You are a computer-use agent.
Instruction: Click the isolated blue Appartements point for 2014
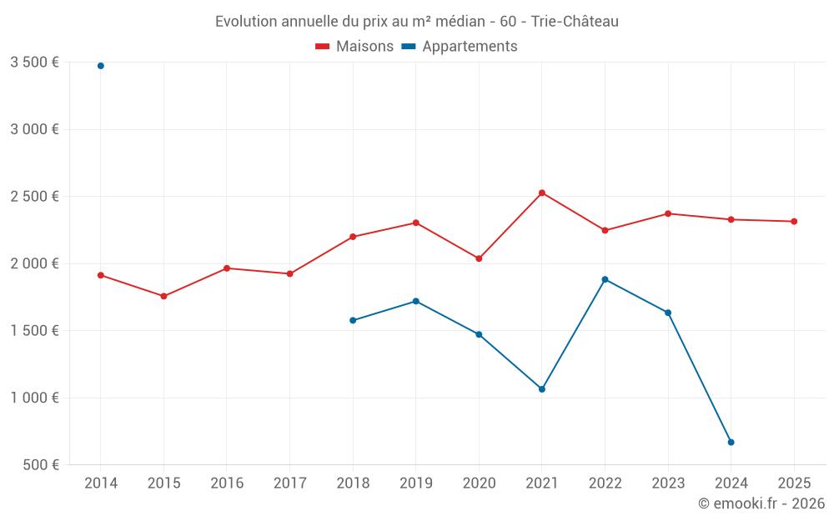coord(101,66)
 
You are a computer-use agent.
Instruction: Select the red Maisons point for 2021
coord(542,193)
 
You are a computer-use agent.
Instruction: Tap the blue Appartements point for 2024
coord(731,442)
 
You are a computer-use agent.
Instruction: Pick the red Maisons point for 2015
coord(163,296)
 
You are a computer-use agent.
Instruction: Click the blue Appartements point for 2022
coord(605,279)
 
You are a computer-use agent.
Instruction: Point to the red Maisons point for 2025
coord(794,222)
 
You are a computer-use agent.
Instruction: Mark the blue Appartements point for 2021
coord(542,389)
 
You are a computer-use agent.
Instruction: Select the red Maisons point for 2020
coord(479,258)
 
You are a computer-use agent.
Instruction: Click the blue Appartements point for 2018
coord(353,320)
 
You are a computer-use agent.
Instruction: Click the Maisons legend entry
coord(354,47)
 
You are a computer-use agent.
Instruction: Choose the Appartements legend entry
coord(460,47)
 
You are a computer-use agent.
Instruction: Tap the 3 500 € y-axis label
coord(34,63)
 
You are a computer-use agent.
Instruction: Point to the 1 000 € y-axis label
coord(34,398)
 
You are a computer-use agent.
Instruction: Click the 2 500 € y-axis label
coord(34,197)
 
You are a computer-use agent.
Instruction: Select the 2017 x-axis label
coord(289,483)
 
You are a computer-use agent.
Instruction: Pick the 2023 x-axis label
coord(668,483)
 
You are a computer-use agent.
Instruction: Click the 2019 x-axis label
coord(415,483)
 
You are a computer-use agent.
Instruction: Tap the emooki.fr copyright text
coord(761,503)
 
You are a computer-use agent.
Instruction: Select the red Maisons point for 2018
coord(353,237)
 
